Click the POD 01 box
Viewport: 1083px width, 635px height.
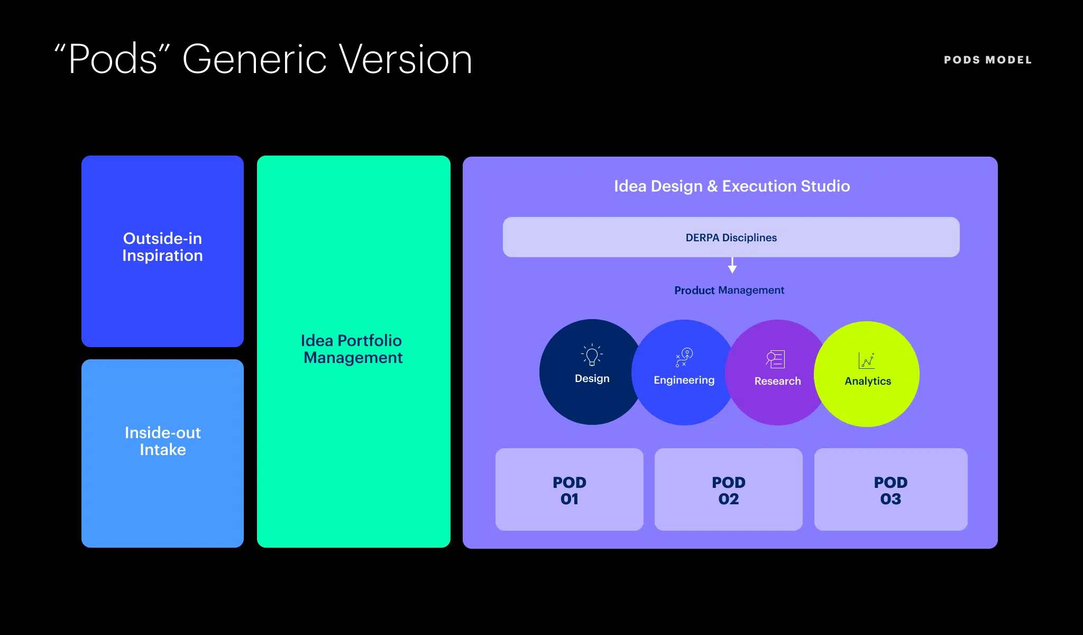pyautogui.click(x=569, y=489)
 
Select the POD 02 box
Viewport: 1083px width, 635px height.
pyautogui.click(x=728, y=489)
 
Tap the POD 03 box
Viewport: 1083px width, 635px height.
pyautogui.click(x=891, y=489)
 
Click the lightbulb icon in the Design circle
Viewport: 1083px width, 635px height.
pyautogui.click(x=592, y=355)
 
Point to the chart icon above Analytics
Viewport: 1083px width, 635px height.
pyautogui.click(x=866, y=360)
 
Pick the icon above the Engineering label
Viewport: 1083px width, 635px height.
pyautogui.click(x=684, y=357)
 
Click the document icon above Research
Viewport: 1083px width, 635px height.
pyautogui.click(x=775, y=359)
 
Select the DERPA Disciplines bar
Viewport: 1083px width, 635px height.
pyautogui.click(x=731, y=237)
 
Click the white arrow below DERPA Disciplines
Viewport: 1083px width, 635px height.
pyautogui.click(x=732, y=265)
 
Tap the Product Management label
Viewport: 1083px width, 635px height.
pyautogui.click(x=729, y=290)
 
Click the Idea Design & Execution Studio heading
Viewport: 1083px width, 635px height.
pyautogui.click(x=731, y=186)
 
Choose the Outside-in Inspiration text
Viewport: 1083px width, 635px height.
pyautogui.click(x=162, y=247)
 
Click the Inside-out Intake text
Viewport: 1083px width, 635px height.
pyautogui.click(x=162, y=441)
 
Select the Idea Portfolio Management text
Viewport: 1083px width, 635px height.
pyautogui.click(x=353, y=349)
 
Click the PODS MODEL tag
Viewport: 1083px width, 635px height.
pyautogui.click(x=987, y=60)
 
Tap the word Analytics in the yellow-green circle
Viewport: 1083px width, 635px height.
pyautogui.click(x=867, y=381)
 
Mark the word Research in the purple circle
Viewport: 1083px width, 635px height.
pyautogui.click(x=777, y=381)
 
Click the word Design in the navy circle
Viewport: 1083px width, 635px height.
pyautogui.click(x=592, y=378)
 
